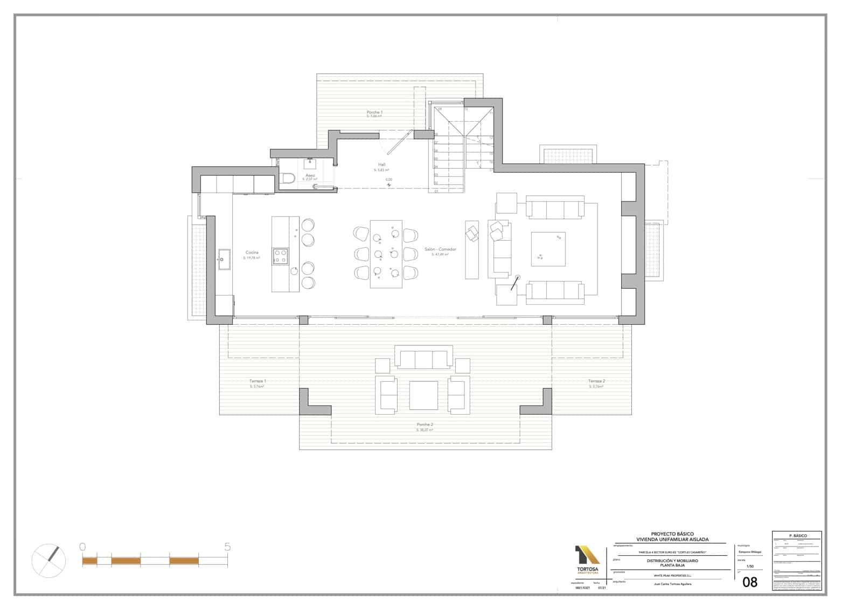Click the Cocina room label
[252, 252]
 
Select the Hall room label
[381, 164]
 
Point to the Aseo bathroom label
[310, 175]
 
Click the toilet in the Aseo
[287, 178]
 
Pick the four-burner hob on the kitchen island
[280, 256]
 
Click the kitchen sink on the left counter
[224, 259]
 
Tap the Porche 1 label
[374, 112]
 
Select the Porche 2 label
[425, 424]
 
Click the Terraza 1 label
[258, 381]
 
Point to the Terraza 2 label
[596, 381]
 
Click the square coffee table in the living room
[548, 249]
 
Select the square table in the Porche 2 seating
[423, 395]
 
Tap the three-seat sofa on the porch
[423, 359]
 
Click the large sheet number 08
[750, 582]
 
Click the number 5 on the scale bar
[227, 547]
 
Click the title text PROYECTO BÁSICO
[672, 534]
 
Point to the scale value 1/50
[750, 566]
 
